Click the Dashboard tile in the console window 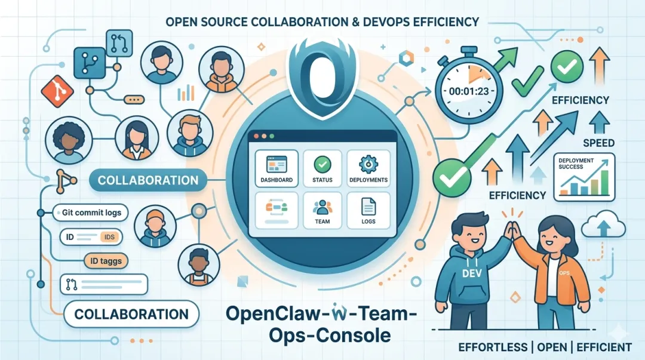point(277,168)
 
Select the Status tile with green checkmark point(322,168)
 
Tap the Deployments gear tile point(368,168)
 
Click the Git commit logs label point(91,212)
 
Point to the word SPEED point(598,143)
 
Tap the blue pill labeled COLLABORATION point(148,180)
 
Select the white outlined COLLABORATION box point(131,313)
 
